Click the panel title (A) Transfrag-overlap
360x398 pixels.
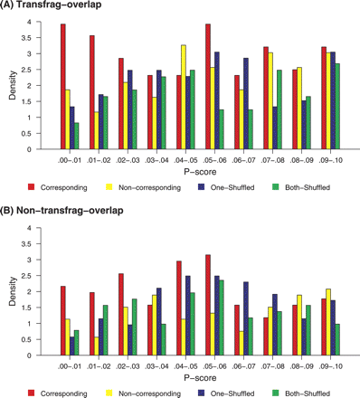click(56, 8)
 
